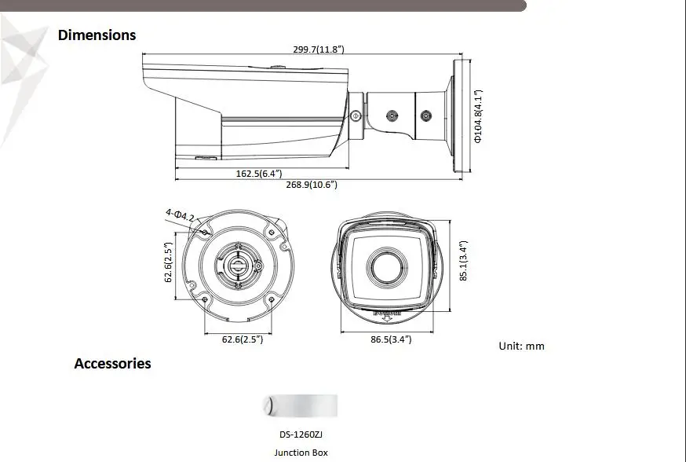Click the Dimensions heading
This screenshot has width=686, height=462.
click(97, 35)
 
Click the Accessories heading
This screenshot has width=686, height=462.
click(112, 364)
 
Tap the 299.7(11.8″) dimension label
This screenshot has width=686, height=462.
click(319, 49)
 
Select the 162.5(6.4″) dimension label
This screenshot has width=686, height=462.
click(259, 174)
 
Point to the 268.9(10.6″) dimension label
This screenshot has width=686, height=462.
click(312, 185)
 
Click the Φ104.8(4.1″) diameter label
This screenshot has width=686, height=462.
click(478, 116)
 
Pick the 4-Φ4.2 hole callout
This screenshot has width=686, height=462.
click(180, 215)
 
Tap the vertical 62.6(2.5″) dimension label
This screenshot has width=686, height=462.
click(169, 262)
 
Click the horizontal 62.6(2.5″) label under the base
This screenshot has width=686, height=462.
click(243, 339)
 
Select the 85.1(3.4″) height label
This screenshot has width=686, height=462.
click(464, 261)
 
